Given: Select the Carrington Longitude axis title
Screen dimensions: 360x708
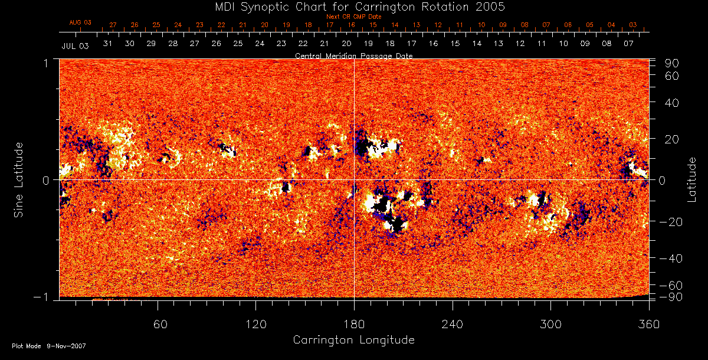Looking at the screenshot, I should [x=353, y=340].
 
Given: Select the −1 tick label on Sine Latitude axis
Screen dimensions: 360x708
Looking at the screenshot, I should [x=40, y=297].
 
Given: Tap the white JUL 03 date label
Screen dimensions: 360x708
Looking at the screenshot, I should [x=75, y=45].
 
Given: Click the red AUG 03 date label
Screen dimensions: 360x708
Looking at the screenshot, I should [x=80, y=22].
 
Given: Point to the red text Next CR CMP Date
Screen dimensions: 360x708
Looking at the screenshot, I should [x=354, y=17].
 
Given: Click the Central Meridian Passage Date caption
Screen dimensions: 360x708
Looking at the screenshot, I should [x=353, y=55].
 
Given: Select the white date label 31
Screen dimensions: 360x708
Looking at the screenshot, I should [x=108, y=44].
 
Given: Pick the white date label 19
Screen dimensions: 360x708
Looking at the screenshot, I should [x=368, y=44].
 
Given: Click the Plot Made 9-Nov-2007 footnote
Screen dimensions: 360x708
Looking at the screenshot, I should [x=49, y=346].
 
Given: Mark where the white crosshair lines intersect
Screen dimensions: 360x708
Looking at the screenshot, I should [x=354, y=179].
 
